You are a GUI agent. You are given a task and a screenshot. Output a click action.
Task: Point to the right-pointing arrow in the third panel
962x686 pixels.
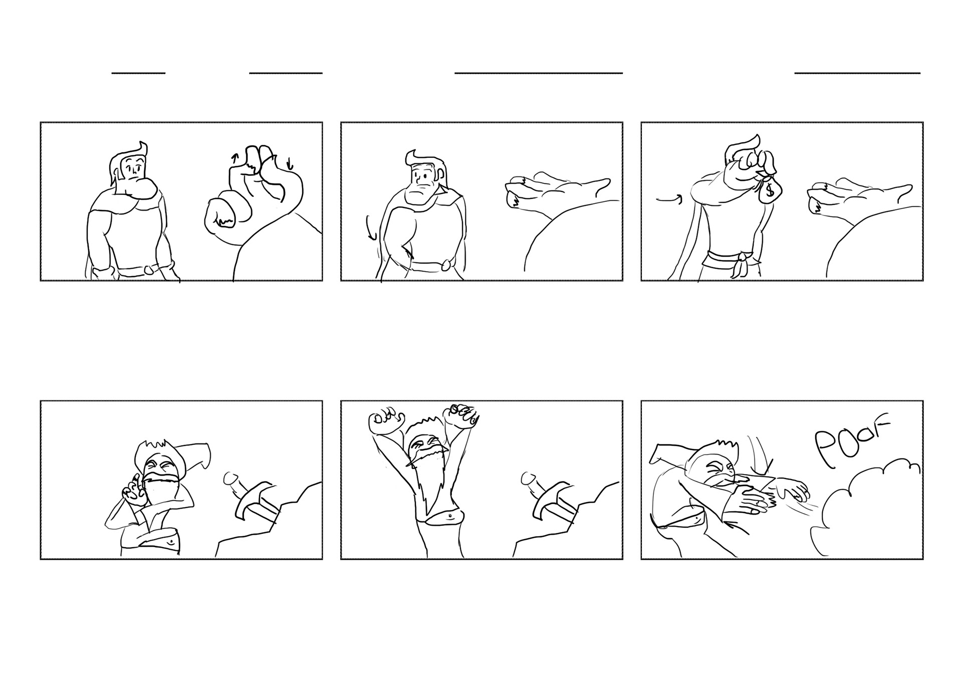pos(669,200)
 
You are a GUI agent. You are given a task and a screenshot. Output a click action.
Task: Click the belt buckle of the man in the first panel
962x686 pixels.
pos(149,270)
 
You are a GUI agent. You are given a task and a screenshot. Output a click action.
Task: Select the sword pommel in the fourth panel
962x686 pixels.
pos(231,479)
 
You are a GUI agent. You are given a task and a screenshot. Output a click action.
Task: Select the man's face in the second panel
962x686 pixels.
pos(423,183)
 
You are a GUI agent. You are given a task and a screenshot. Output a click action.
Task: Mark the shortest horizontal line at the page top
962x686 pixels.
pos(138,73)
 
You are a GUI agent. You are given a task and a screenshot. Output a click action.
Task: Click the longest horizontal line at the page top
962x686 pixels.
pos(539,73)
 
